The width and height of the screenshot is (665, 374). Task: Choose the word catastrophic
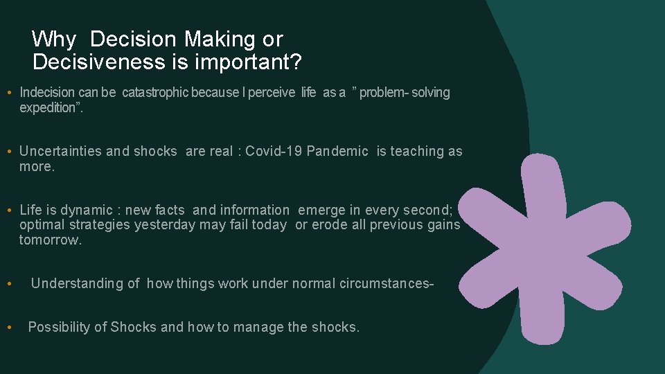[156, 92]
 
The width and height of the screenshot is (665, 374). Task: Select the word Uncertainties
[61, 151]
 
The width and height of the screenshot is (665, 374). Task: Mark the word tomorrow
[50, 240]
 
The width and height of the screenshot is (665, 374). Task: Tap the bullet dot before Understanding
[8, 284]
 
